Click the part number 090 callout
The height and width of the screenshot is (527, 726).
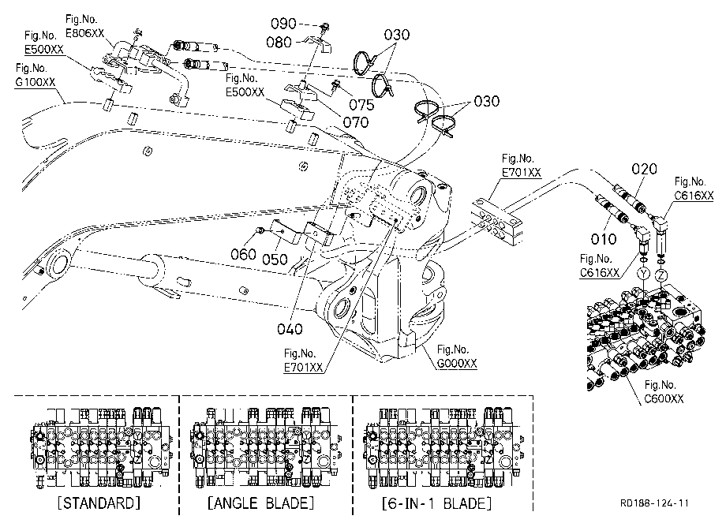pyautogui.click(x=283, y=23)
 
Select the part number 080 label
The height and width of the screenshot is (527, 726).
pyautogui.click(x=279, y=42)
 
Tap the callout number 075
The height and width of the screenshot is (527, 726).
pyautogui.click(x=361, y=105)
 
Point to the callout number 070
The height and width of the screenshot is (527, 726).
pyautogui.click(x=356, y=122)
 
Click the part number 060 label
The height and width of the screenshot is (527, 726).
pyautogui.click(x=244, y=254)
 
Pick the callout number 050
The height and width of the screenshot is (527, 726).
pyautogui.click(x=275, y=259)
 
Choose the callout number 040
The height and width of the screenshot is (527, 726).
pyautogui.click(x=290, y=329)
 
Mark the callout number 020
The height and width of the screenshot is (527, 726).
pyautogui.click(x=644, y=169)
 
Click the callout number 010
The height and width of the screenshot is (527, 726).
pyautogui.click(x=604, y=239)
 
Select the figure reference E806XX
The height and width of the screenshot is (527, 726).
pyautogui.click(x=84, y=33)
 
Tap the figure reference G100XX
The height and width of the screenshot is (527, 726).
pyautogui.click(x=36, y=82)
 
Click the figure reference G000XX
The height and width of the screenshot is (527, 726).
pyautogui.click(x=457, y=364)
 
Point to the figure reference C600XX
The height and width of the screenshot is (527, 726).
pyautogui.click(x=664, y=399)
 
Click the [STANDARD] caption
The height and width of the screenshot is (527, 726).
pyautogui.click(x=99, y=503)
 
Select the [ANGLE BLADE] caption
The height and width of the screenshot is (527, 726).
pyautogui.click(x=260, y=503)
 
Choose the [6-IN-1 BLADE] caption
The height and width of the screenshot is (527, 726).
pyautogui.click(x=436, y=503)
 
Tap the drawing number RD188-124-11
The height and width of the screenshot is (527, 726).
pyautogui.click(x=654, y=503)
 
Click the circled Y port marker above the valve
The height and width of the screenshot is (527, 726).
pyautogui.click(x=643, y=274)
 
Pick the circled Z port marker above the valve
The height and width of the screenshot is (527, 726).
pyautogui.click(x=662, y=276)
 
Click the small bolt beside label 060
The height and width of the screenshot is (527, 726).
pyautogui.click(x=261, y=230)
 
